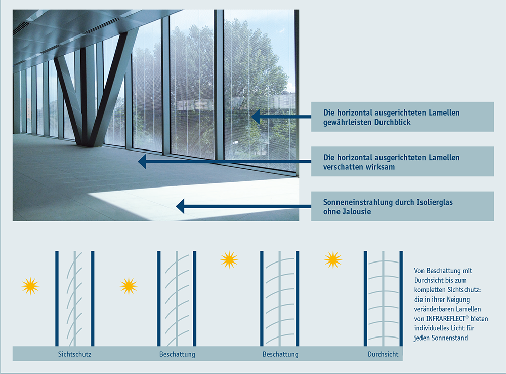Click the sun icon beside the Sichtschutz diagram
pyautogui.click(x=30, y=286)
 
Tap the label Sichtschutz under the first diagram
pyautogui.click(x=74, y=354)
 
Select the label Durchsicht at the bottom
pyautogui.click(x=383, y=354)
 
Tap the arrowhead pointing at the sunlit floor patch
pyautogui.click(x=180, y=206)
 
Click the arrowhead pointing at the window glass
pyautogui.click(x=256, y=117)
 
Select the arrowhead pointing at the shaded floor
pyautogui.click(x=142, y=161)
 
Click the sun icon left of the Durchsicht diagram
pyautogui.click(x=333, y=260)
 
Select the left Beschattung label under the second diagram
pyautogui.click(x=177, y=354)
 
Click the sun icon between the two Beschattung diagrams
pyautogui.click(x=229, y=260)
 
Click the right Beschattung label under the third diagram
pyautogui.click(x=280, y=354)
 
